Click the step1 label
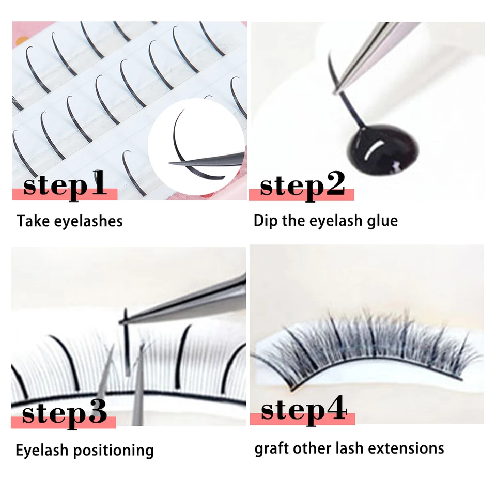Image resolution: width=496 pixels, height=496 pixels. tap(65, 185)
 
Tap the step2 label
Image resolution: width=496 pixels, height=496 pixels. tap(302, 185)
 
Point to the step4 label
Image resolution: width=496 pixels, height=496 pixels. tap(304, 410)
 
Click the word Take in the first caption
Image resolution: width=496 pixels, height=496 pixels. tap(33, 221)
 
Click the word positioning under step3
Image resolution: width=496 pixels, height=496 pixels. tap(114, 451)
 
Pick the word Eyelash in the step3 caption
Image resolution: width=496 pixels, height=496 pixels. tap(42, 451)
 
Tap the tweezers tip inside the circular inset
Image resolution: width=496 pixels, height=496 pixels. tap(170, 163)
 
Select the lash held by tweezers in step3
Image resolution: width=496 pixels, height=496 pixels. tap(127, 343)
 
